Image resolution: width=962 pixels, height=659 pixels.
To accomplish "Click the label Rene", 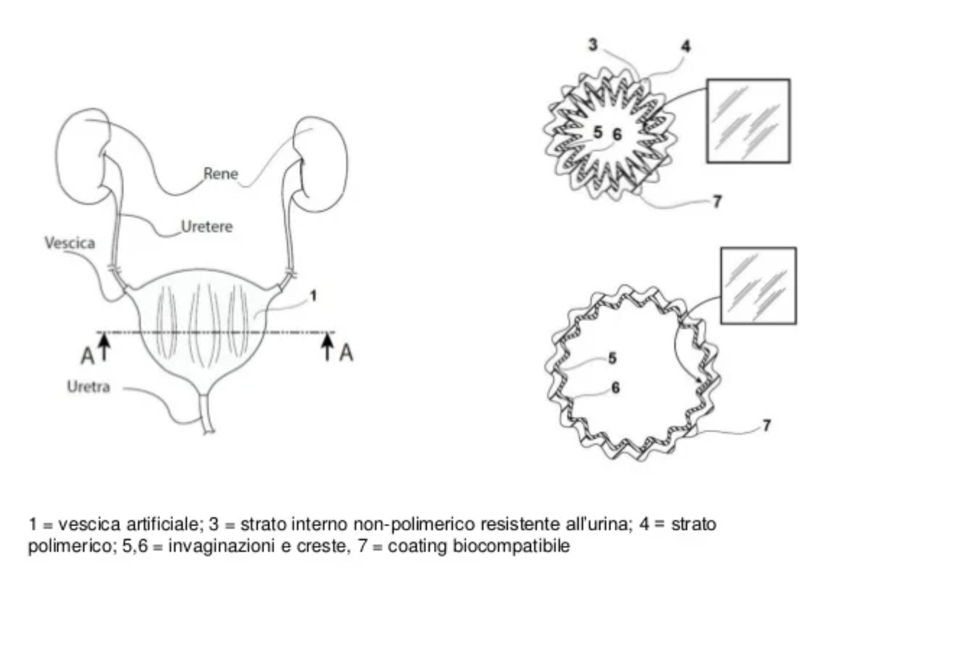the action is click(220, 174).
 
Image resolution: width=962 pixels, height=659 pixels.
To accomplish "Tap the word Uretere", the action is click(207, 226).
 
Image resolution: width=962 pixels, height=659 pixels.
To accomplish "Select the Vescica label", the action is click(70, 243).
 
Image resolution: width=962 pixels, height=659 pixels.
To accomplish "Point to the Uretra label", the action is click(89, 386).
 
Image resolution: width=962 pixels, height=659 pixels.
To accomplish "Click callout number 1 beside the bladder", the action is click(313, 296).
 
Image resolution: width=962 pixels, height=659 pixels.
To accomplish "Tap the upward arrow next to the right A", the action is click(328, 347).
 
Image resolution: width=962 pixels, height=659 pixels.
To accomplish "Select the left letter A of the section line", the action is click(87, 356).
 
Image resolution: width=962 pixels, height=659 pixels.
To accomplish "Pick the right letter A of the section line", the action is click(346, 353).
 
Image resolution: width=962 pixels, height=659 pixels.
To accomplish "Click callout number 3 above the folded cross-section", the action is click(593, 45).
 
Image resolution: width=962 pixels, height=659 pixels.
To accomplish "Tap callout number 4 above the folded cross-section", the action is click(686, 46).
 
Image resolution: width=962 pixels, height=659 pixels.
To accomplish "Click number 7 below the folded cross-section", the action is click(717, 201).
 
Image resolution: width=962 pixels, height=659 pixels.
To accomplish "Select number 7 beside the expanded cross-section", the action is click(766, 425).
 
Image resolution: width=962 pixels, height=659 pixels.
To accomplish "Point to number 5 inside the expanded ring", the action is click(612, 358).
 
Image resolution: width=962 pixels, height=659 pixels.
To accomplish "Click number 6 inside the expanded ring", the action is click(615, 388).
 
